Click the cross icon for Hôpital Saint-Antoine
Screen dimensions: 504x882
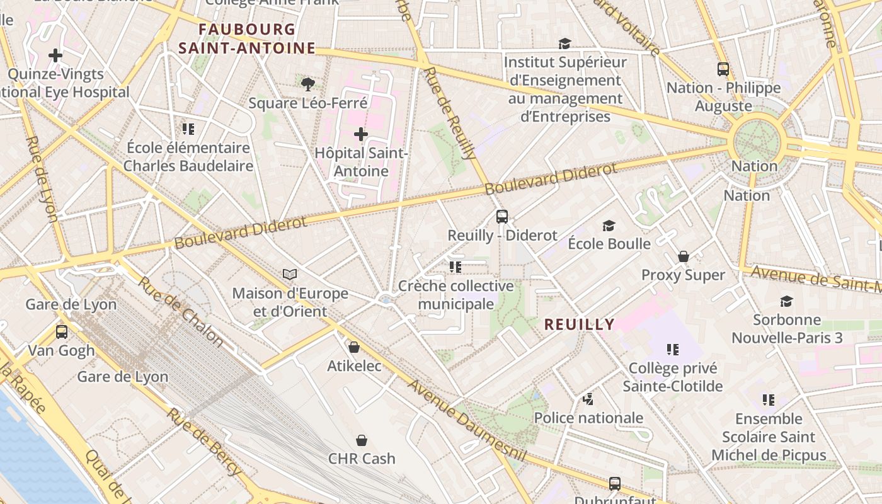tap(360, 134)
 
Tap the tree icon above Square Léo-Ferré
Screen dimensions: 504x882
tap(307, 84)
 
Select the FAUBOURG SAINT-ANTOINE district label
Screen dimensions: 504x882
tap(247, 38)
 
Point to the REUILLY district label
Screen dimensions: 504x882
tap(579, 324)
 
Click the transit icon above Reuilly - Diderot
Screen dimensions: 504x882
tap(502, 217)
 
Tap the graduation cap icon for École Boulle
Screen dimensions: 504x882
tap(609, 226)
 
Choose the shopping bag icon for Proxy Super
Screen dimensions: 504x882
tap(683, 256)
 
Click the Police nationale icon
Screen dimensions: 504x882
tap(588, 399)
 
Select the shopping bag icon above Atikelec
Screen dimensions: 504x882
tap(354, 347)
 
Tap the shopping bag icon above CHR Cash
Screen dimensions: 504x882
tap(362, 440)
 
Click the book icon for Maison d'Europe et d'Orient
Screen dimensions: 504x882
tap(290, 275)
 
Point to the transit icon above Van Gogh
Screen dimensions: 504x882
tap(62, 331)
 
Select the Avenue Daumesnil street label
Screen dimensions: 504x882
tap(466, 420)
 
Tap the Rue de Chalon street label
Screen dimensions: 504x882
tap(181, 312)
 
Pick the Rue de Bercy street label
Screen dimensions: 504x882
tap(203, 442)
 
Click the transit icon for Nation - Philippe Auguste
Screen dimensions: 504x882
tap(723, 69)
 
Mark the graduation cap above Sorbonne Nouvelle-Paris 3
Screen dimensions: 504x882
tap(786, 301)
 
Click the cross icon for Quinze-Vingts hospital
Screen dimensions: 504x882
tap(55, 55)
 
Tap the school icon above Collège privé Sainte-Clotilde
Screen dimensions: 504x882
tap(673, 349)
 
